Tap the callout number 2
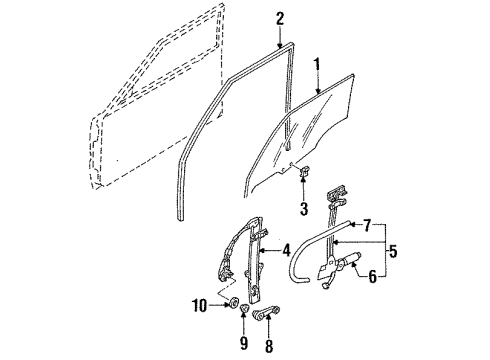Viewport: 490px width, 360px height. pyautogui.click(x=280, y=19)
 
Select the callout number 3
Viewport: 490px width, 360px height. pyautogui.click(x=304, y=209)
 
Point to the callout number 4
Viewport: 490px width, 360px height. pyautogui.click(x=286, y=250)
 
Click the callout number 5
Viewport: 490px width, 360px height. pyautogui.click(x=393, y=251)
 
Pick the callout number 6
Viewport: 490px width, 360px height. pyautogui.click(x=373, y=276)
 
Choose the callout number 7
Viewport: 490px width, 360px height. pyautogui.click(x=367, y=226)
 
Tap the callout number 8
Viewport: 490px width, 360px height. pyautogui.click(x=269, y=345)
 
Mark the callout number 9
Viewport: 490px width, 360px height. pyautogui.click(x=244, y=343)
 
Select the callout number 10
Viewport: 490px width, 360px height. pyautogui.click(x=200, y=305)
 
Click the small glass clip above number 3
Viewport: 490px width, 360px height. pyautogui.click(x=305, y=171)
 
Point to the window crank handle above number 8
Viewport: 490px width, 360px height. pyautogui.click(x=267, y=312)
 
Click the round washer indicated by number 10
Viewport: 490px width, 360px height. pyautogui.click(x=232, y=302)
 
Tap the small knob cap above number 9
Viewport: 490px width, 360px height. pyautogui.click(x=245, y=308)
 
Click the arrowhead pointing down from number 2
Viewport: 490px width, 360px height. pyautogui.click(x=280, y=44)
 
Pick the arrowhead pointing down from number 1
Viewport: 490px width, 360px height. pyautogui.click(x=318, y=90)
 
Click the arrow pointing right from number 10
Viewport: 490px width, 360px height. pyautogui.click(x=219, y=305)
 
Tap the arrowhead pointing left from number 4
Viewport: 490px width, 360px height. pyautogui.click(x=262, y=250)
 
